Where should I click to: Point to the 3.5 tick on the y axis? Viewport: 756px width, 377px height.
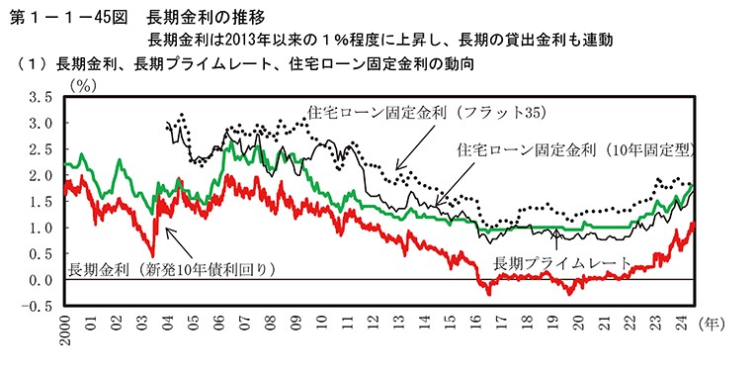pyautogui.click(x=40, y=98)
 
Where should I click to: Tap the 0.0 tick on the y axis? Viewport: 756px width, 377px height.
pyautogui.click(x=40, y=280)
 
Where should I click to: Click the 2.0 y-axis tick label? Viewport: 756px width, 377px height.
pyautogui.click(x=40, y=176)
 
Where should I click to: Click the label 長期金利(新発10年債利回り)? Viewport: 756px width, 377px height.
pyautogui.click(x=170, y=268)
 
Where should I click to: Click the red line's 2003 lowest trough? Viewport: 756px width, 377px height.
pyautogui.click(x=153, y=254)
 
